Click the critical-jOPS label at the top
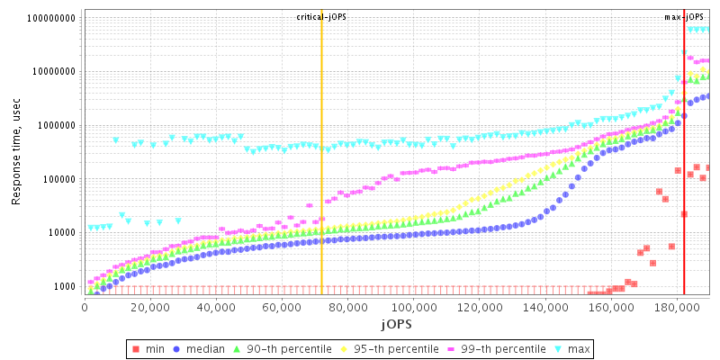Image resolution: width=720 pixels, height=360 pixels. click(x=321, y=17)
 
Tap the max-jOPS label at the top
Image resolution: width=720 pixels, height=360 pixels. click(x=683, y=17)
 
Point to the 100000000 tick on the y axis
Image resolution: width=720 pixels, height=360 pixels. click(x=52, y=18)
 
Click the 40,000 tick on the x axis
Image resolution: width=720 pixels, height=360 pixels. click(x=216, y=306)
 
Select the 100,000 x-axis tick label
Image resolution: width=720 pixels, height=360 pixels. click(x=413, y=306)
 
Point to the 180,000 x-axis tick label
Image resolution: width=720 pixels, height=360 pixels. click(x=677, y=306)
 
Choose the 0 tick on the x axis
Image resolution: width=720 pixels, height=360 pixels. click(x=85, y=306)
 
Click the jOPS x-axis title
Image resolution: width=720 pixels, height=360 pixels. click(x=396, y=322)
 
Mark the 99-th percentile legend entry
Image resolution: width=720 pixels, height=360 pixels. click(x=494, y=348)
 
